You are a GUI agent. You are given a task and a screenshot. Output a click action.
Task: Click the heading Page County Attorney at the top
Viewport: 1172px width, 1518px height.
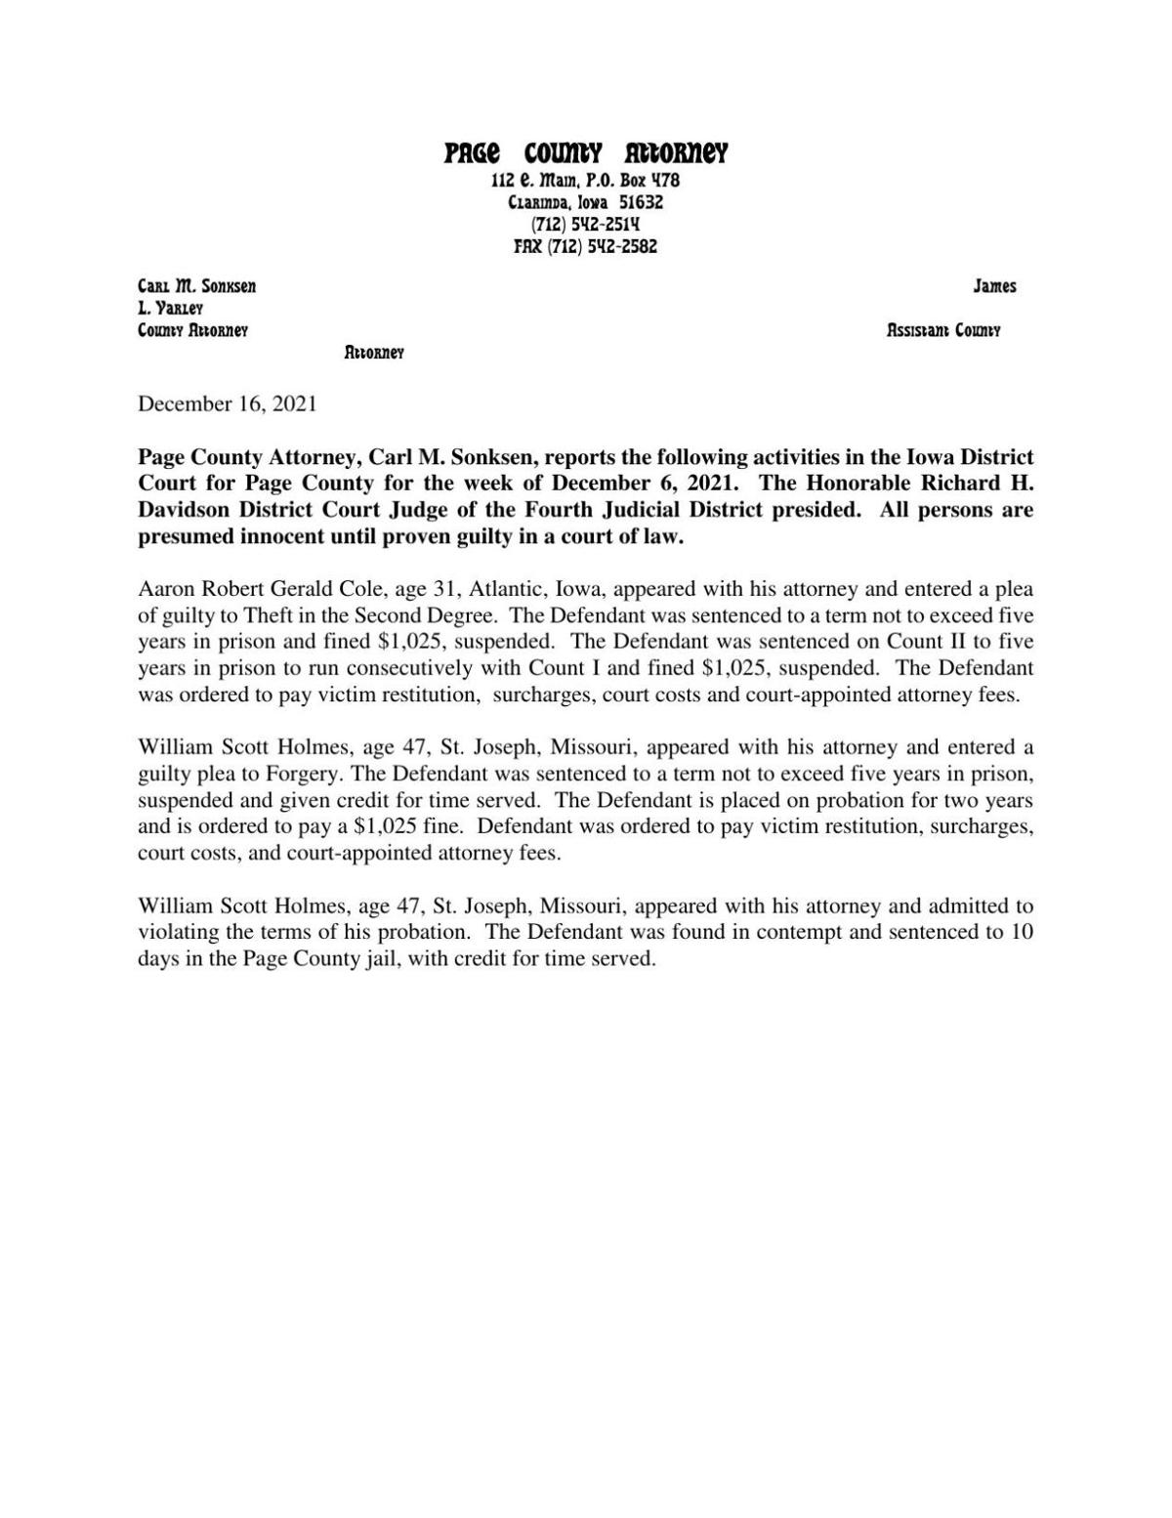(x=586, y=154)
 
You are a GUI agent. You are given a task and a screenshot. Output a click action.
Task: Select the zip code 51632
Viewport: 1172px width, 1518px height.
(x=642, y=203)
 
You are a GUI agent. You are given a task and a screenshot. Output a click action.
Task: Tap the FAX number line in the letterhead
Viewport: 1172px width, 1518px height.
(x=586, y=247)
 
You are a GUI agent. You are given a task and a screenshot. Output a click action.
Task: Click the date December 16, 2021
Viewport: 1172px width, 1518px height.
(x=228, y=403)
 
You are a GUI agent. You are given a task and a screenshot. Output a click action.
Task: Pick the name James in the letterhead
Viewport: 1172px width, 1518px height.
(x=994, y=286)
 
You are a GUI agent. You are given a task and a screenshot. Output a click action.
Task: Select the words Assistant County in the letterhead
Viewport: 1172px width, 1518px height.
(x=943, y=330)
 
